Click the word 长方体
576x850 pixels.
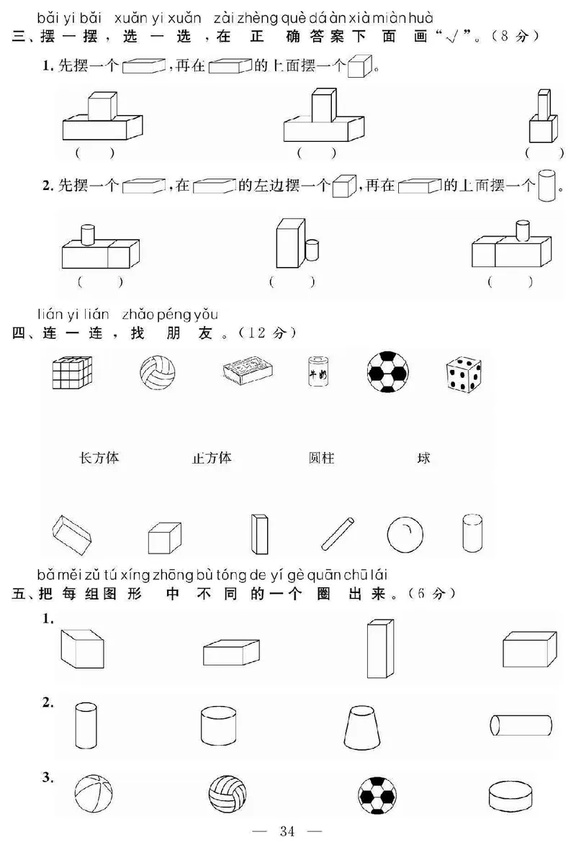(99, 458)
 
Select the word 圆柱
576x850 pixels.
(321, 458)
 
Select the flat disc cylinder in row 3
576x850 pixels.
(508, 796)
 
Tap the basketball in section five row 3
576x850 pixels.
(93, 795)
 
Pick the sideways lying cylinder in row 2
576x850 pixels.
(520, 724)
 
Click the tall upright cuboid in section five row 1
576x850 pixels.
(379, 648)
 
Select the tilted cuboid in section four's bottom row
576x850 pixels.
(72, 533)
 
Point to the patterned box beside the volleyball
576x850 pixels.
(247, 370)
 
